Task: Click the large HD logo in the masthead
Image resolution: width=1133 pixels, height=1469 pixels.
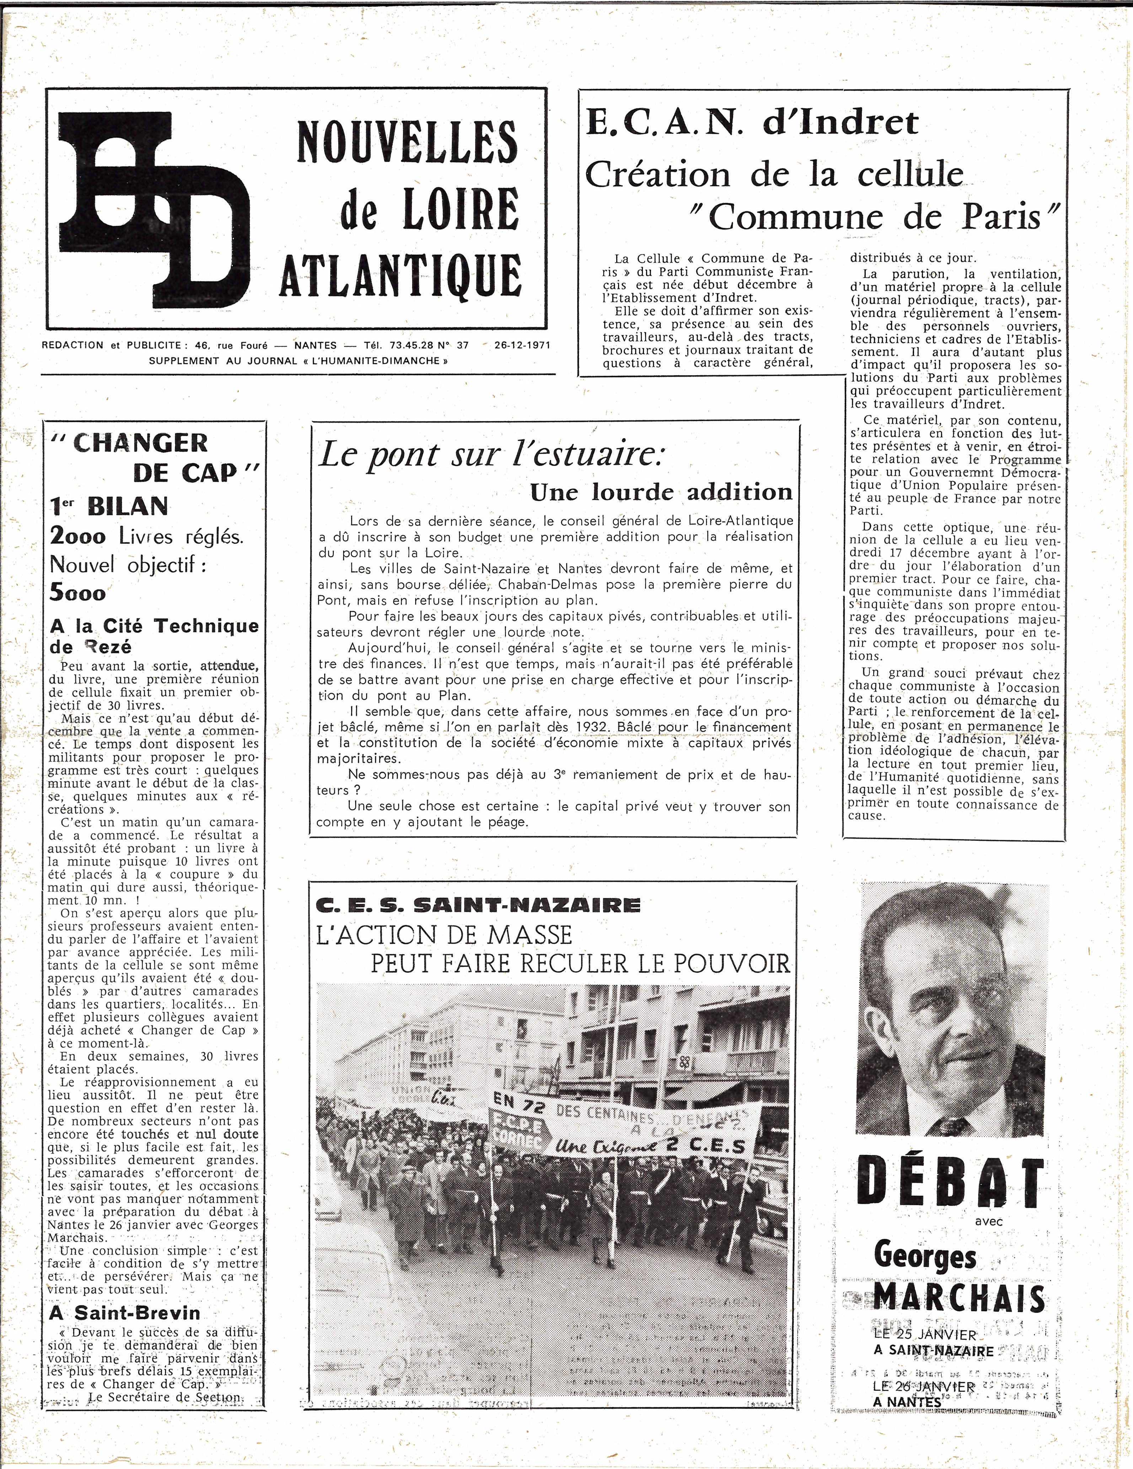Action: (x=155, y=209)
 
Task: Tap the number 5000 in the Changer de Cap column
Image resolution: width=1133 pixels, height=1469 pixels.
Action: (x=78, y=593)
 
